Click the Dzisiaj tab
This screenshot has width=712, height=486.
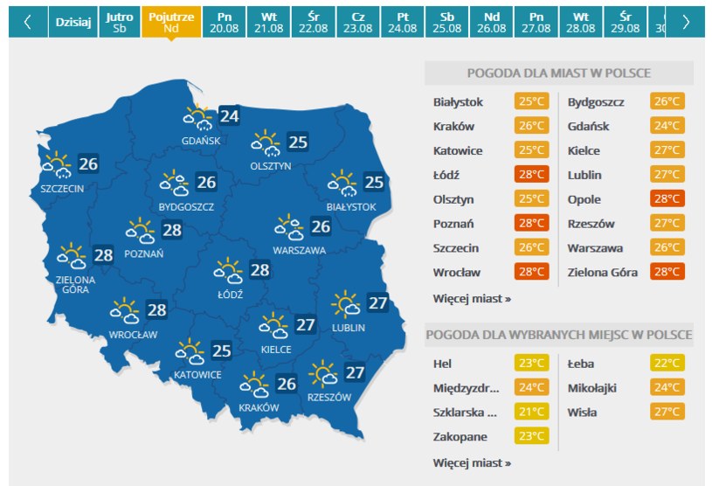[73, 23]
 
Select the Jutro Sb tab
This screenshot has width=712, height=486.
[119, 23]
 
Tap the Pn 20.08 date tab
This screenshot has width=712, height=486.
[225, 23]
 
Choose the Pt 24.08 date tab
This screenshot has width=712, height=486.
[402, 23]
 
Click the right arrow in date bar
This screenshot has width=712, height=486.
[686, 23]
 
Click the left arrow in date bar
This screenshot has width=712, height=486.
[27, 23]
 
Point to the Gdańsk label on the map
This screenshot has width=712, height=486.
[201, 141]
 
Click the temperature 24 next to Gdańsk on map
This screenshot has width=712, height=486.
[230, 115]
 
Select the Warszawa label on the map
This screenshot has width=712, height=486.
[299, 250]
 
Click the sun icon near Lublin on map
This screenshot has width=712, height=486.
[346, 303]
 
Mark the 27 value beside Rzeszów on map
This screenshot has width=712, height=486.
[355, 372]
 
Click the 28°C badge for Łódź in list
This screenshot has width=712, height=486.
[532, 175]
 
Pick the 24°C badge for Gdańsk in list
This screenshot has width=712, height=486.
[667, 126]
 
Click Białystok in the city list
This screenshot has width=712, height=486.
[458, 102]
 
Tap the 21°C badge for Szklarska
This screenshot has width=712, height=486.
[532, 412]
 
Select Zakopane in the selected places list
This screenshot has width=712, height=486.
[460, 436]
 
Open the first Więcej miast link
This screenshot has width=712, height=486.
[472, 298]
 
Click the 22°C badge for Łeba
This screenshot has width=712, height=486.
[667, 363]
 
